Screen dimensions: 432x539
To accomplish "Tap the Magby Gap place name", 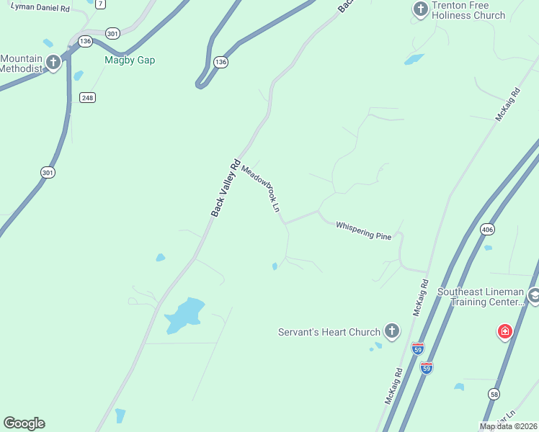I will coord(130,60).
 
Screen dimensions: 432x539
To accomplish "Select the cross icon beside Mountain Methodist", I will coord(53,63).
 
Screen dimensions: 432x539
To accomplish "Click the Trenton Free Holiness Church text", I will coord(469,10).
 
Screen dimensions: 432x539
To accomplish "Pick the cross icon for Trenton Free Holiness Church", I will coord(420,9).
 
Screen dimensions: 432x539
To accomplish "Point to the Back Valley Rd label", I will coord(225,188).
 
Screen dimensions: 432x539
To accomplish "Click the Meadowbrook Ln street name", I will coord(260,189).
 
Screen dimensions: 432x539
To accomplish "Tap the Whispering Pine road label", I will coord(363,230).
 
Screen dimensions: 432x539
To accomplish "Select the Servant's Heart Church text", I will coord(329,332).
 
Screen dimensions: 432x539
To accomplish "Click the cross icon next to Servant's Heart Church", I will coord(391,331).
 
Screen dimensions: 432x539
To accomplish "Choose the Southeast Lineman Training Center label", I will coord(481,297).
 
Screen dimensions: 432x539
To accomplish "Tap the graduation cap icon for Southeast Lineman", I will coord(534,295).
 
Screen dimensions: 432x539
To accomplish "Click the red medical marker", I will coord(505,332).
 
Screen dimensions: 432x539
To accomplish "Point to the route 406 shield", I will coord(487,230).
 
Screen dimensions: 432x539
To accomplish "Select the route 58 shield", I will coord(494,393).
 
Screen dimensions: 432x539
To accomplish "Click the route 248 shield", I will coord(88,97).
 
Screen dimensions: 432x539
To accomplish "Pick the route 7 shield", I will coord(100,4).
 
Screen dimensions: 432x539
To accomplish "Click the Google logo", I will coord(24,423).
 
